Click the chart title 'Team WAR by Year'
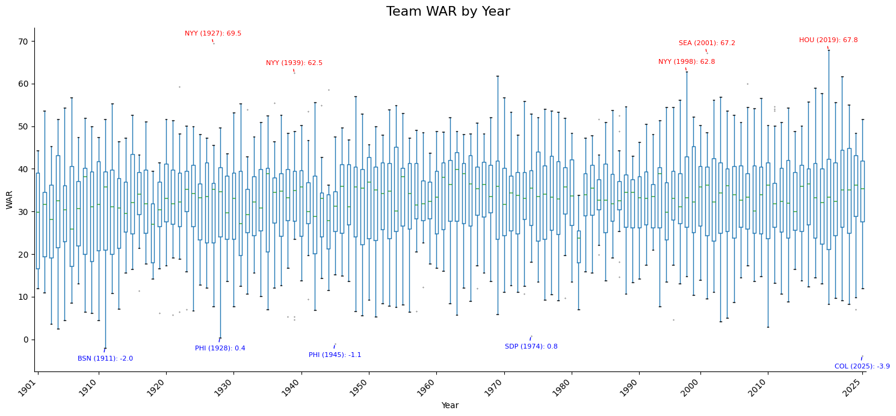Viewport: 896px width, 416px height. pos(448,12)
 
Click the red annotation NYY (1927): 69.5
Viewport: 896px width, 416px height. pos(213,34)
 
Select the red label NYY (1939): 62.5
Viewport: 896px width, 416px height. pos(294,63)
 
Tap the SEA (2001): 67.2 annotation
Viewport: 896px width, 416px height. pos(706,43)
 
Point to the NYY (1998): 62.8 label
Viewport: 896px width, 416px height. pos(686,62)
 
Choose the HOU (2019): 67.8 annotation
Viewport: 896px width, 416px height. pos(828,40)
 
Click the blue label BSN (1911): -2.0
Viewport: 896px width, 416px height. pos(105,359)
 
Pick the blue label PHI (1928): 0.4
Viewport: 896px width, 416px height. pos(220,349)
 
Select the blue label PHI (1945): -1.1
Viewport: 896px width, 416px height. pos(335,355)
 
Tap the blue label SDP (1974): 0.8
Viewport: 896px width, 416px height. pos(531,347)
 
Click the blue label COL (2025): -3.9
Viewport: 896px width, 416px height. pos(862,367)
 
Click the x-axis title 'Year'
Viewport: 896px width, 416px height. pos(450,406)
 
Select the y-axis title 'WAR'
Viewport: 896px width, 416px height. pos(10,200)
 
